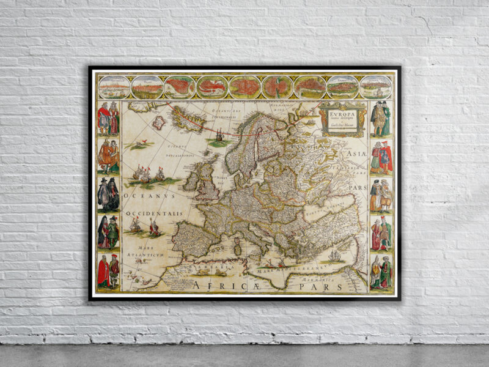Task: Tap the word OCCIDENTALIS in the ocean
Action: point(155,213)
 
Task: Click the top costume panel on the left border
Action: point(108,119)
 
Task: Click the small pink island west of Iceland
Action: point(158,122)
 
